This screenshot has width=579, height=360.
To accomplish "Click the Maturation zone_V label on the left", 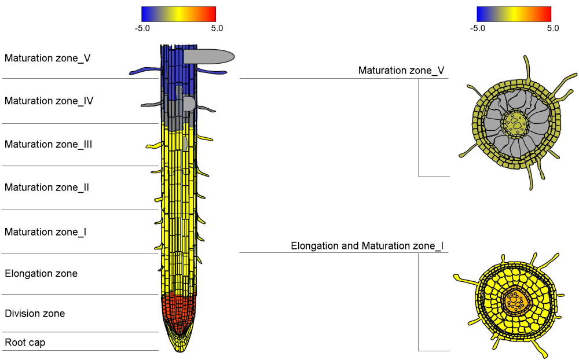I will click(x=47, y=58).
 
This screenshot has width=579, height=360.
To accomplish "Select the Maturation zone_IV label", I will click(x=49, y=101).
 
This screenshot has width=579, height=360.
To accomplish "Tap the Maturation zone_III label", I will click(x=49, y=144).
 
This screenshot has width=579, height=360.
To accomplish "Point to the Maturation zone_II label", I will click(x=47, y=188).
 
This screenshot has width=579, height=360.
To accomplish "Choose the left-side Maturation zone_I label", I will click(x=46, y=232).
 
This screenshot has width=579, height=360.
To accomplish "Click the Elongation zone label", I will click(x=41, y=273).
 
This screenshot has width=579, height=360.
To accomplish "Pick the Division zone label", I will click(x=35, y=314).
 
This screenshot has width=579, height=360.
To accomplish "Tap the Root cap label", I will click(x=25, y=343).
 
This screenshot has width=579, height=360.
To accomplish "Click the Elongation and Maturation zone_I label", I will click(x=367, y=246).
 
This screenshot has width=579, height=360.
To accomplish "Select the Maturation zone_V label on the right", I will click(x=401, y=71).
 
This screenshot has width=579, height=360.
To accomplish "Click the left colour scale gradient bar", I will click(x=178, y=14).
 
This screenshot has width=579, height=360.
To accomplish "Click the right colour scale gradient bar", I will click(x=514, y=14).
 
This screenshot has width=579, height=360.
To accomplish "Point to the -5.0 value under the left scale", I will click(x=142, y=28).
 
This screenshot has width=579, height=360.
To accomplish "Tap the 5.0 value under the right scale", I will click(x=553, y=28).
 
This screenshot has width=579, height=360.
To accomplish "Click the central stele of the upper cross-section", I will click(x=514, y=122).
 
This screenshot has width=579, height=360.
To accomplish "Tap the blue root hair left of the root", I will click(x=145, y=71).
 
